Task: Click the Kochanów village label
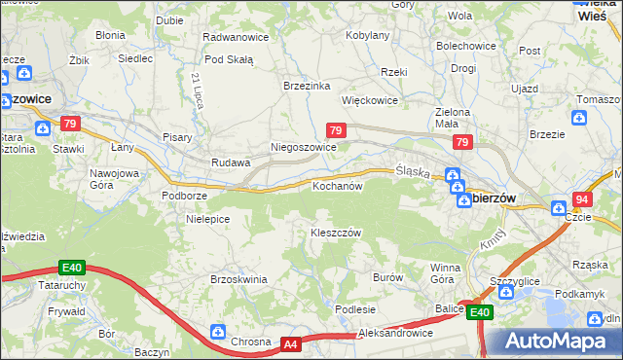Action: [337, 185]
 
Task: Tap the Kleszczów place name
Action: [336, 233]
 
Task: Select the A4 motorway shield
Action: [291, 343]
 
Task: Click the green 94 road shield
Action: [582, 198]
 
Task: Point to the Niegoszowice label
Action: [303, 148]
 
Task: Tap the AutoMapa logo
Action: [553, 342]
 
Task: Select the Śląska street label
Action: [413, 171]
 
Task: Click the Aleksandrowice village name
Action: [395, 333]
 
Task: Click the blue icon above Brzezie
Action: [580, 119]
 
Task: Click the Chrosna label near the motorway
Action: [251, 342]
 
